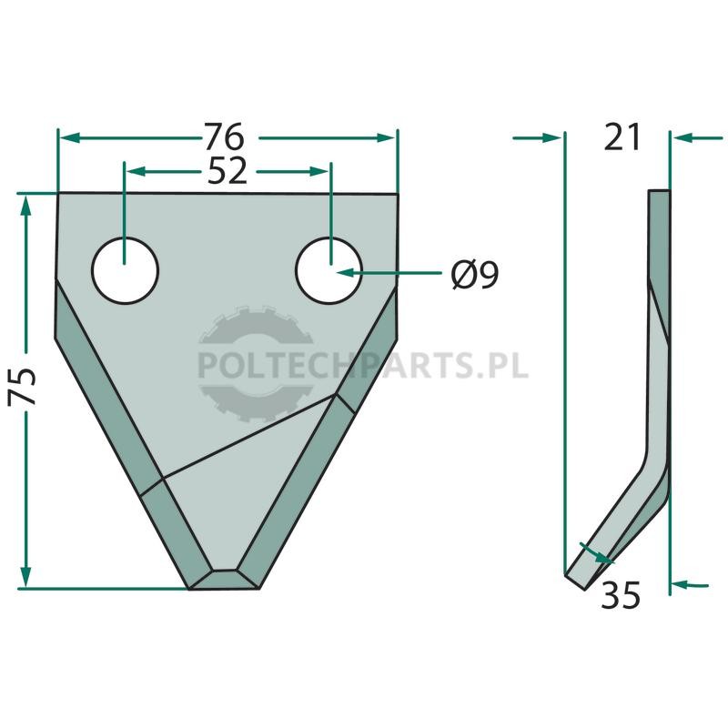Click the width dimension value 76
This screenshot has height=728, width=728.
click(225, 137)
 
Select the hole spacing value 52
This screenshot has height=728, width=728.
click(227, 170)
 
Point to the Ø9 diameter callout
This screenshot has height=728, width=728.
click(475, 276)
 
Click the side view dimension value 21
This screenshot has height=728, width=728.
click(622, 137)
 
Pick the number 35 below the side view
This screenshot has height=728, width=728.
click(621, 595)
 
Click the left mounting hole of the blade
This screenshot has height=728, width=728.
click(126, 270)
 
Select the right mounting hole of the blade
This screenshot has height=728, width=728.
click(329, 270)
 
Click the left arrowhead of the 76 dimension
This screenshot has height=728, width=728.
click(70, 138)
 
